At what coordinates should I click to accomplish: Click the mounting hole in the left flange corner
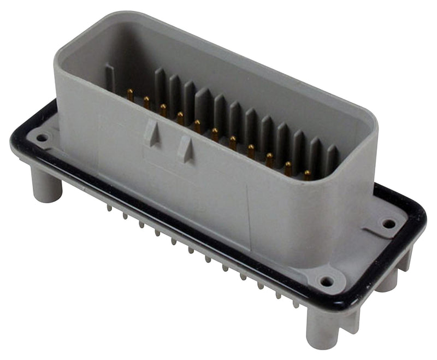[42, 137]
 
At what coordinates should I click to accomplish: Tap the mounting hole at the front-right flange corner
[327, 281]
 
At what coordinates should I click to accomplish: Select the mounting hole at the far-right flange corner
[388, 223]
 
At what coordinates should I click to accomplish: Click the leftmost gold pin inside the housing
[131, 95]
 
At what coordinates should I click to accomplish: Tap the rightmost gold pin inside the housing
[308, 175]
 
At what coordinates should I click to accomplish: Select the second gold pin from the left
[146, 102]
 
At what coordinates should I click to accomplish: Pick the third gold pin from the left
[163, 109]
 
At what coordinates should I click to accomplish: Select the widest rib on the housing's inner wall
[203, 104]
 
